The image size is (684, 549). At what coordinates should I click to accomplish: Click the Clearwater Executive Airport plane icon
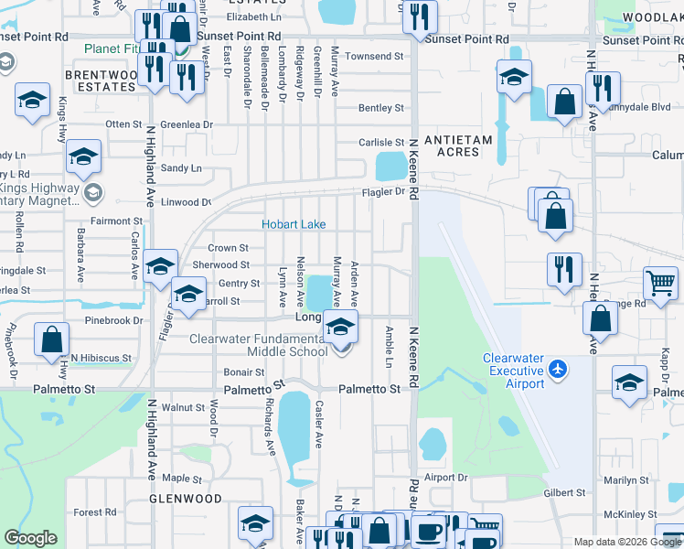point(558,369)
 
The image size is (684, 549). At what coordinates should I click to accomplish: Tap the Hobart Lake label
point(294,224)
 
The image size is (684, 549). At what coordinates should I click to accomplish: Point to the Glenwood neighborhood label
point(187,499)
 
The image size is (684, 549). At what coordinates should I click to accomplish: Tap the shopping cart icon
point(660,283)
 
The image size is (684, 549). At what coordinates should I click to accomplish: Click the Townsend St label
point(374,57)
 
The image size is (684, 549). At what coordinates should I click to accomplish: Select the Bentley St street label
point(380,108)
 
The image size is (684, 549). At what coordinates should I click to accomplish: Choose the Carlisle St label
point(380,143)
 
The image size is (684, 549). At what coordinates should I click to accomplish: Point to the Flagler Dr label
point(387,192)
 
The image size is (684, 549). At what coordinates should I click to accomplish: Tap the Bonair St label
point(244,372)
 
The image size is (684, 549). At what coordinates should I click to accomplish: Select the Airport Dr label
point(445,478)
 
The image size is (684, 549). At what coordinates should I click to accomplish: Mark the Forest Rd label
point(95,512)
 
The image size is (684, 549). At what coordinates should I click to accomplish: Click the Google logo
point(31,538)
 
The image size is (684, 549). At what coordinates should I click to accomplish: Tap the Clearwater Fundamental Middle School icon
point(340,327)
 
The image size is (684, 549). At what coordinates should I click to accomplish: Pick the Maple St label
point(181,479)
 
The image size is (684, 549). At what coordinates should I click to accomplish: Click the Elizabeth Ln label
point(254,17)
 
